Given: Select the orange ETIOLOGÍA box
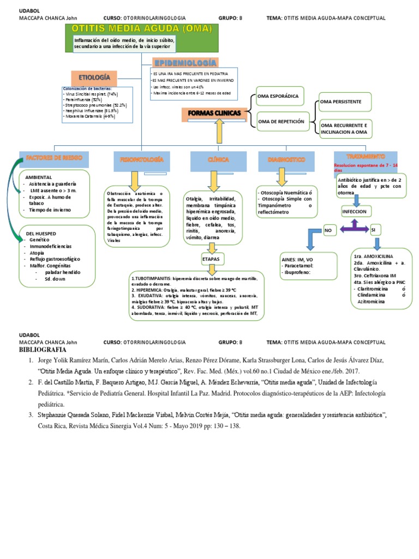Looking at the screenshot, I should point(94,78).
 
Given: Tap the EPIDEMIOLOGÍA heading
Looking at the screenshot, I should point(187,63).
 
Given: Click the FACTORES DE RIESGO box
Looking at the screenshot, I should point(54,158).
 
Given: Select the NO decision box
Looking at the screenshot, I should point(328,230).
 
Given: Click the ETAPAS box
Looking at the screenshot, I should point(211,257).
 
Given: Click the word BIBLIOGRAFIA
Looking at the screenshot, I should point(43,349).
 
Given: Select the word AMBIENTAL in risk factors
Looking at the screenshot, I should point(39,177).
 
